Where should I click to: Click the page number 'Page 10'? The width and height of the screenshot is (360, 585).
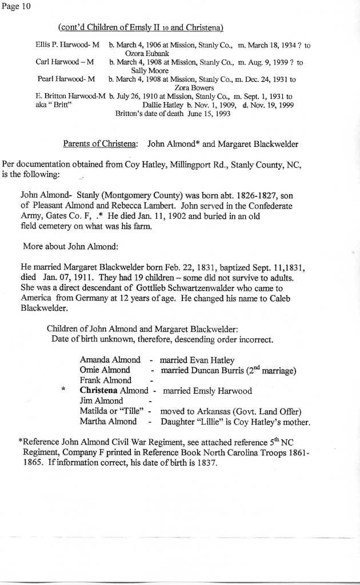[16, 6]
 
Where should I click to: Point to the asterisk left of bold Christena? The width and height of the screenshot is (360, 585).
[63, 392]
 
